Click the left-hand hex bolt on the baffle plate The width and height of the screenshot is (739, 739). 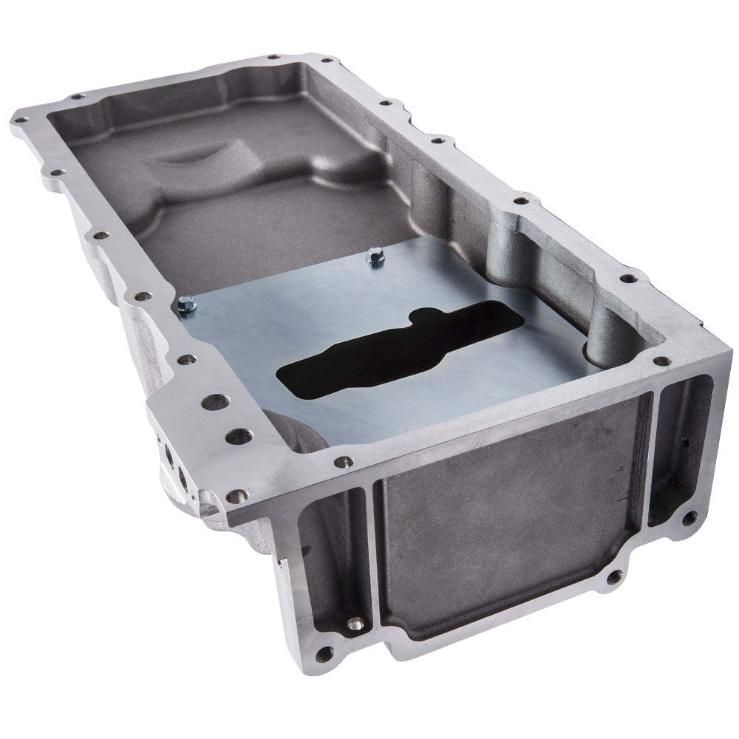[x=186, y=304]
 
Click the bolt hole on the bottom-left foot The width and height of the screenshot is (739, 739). [x=322, y=653]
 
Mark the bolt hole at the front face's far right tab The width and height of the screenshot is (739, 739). [x=690, y=517]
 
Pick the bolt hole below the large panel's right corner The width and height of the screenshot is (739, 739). [x=613, y=575]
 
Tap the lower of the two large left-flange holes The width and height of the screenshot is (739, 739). [x=238, y=437]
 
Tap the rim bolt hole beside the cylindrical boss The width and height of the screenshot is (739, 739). [x=628, y=279]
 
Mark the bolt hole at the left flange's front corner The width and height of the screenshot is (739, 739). [x=236, y=497]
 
